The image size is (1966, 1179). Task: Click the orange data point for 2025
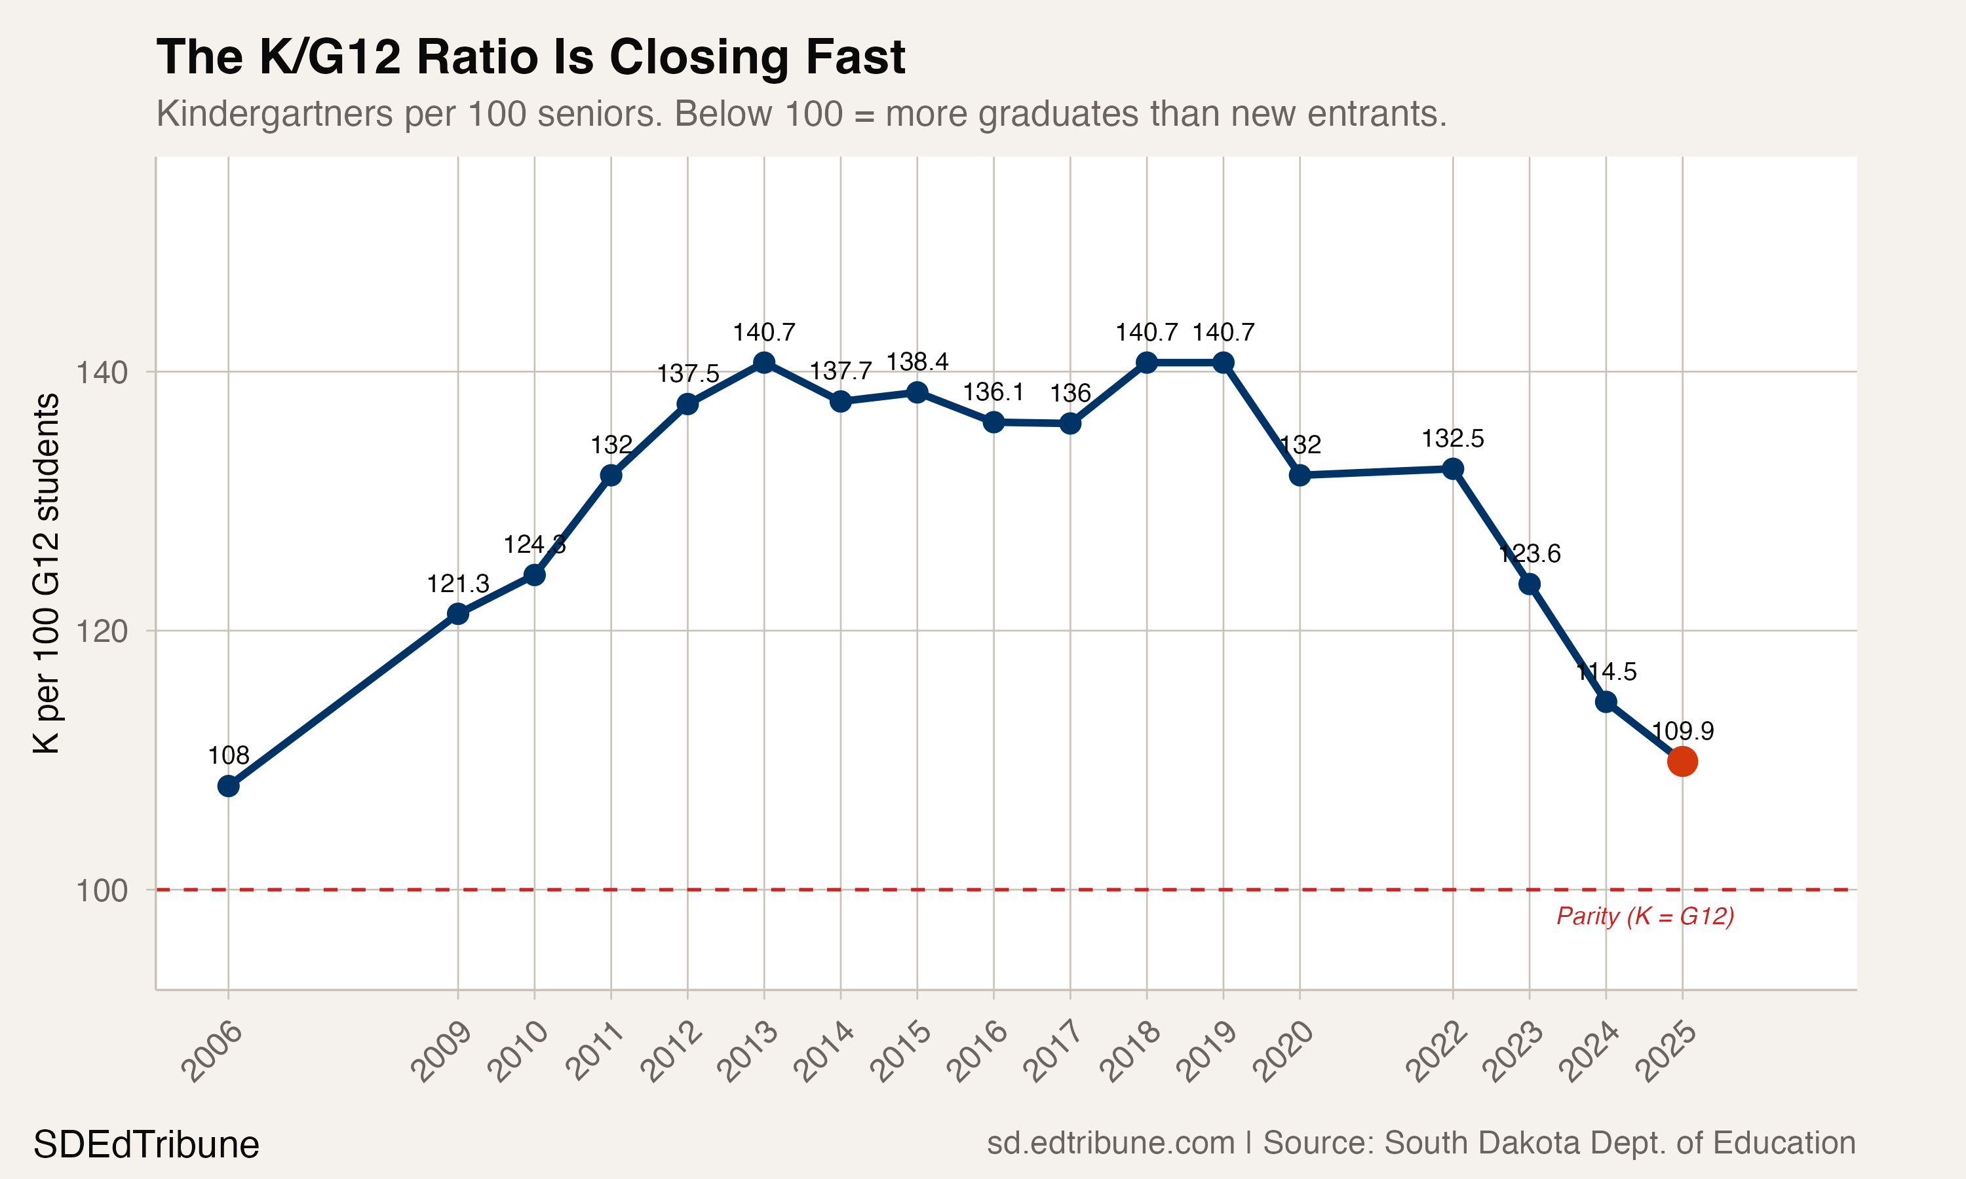pyautogui.click(x=1682, y=761)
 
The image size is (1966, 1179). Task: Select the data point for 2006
pyautogui.click(x=228, y=786)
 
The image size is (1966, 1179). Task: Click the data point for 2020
pyautogui.click(x=1300, y=475)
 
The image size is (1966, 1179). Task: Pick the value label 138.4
pyautogui.click(x=917, y=362)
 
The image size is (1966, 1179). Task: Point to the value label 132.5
pyautogui.click(x=1453, y=439)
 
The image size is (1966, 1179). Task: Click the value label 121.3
pyautogui.click(x=457, y=584)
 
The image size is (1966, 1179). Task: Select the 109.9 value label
pyautogui.click(x=1682, y=731)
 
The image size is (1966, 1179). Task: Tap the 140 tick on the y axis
pyautogui.click(x=102, y=372)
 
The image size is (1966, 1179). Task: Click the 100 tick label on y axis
pyautogui.click(x=102, y=891)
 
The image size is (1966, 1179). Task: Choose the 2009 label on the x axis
pyautogui.click(x=442, y=1053)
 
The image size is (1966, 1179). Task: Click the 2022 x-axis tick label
pyautogui.click(x=1436, y=1053)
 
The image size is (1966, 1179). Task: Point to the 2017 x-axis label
pyautogui.click(x=1054, y=1053)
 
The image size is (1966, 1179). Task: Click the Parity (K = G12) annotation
pyautogui.click(x=1645, y=916)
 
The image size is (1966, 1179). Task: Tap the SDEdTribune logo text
pyautogui.click(x=146, y=1145)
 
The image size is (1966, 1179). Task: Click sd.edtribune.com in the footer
pyautogui.click(x=1110, y=1143)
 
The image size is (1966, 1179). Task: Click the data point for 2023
pyautogui.click(x=1530, y=584)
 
